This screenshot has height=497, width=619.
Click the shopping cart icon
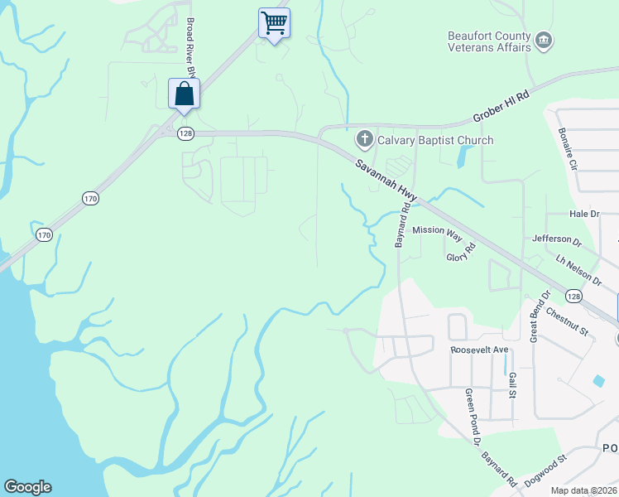click(274, 22)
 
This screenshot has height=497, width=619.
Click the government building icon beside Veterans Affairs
click(544, 40)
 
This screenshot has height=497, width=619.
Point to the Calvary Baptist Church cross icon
click(363, 139)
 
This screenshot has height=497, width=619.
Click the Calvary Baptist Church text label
click(435, 140)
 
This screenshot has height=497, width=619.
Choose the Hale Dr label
click(583, 214)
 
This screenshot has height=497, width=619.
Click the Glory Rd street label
click(462, 252)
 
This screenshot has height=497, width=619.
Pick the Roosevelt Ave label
click(478, 350)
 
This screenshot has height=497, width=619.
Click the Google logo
click(27, 487)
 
